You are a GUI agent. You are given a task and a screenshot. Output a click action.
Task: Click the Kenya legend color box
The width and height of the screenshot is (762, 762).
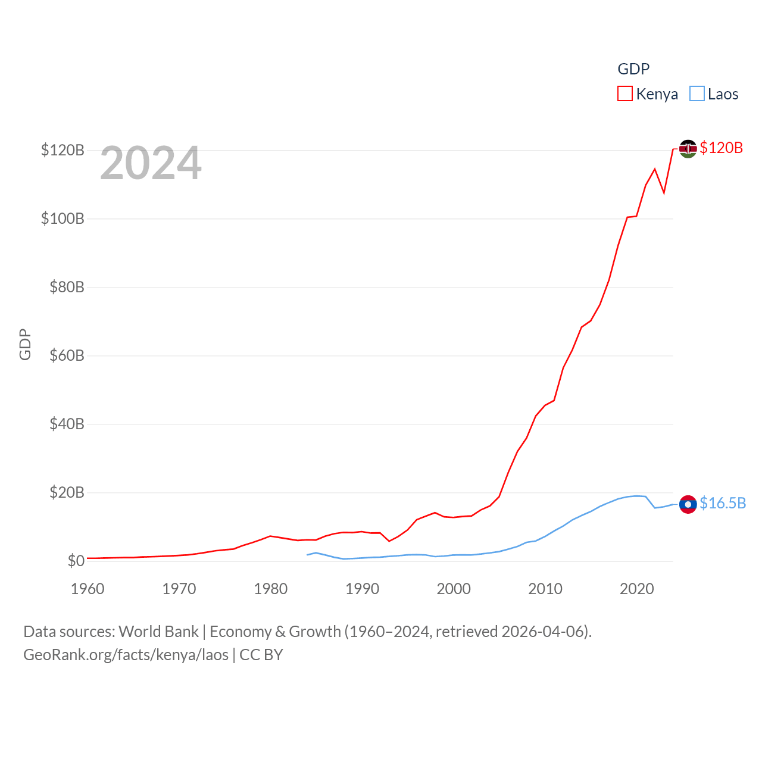(x=624, y=94)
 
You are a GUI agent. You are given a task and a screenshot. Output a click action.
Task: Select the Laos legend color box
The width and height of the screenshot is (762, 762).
(x=697, y=94)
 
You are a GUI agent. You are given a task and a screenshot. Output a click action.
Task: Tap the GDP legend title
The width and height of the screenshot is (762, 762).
(x=633, y=69)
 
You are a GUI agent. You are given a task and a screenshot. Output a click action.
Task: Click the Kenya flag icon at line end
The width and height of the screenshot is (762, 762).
(x=688, y=148)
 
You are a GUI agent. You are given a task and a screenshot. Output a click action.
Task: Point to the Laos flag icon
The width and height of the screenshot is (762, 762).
(x=688, y=504)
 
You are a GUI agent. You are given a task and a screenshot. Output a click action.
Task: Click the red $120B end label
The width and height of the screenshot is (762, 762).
(x=721, y=148)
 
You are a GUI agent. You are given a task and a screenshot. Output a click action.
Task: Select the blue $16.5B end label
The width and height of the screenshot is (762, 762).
(x=722, y=504)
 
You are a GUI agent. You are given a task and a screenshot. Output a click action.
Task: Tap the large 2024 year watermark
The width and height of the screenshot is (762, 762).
(x=151, y=163)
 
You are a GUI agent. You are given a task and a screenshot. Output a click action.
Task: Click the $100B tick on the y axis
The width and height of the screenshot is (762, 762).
(x=63, y=218)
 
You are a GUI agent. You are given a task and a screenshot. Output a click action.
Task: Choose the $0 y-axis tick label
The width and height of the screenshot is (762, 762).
(x=76, y=561)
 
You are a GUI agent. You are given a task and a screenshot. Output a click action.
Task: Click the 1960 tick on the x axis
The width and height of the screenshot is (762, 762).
(x=88, y=589)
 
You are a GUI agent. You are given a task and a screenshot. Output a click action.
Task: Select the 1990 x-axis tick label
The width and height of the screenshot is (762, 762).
(x=362, y=589)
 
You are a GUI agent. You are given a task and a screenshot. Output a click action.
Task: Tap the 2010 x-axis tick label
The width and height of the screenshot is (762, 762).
(x=545, y=589)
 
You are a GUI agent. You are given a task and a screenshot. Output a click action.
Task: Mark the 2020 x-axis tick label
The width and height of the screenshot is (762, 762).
(x=636, y=589)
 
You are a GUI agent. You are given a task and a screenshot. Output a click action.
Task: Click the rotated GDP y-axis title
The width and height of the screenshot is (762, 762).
(x=25, y=344)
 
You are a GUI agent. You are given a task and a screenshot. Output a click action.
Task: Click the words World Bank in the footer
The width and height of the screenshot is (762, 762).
(x=158, y=632)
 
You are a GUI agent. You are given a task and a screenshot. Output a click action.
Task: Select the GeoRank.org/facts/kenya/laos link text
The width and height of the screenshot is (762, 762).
(x=126, y=655)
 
